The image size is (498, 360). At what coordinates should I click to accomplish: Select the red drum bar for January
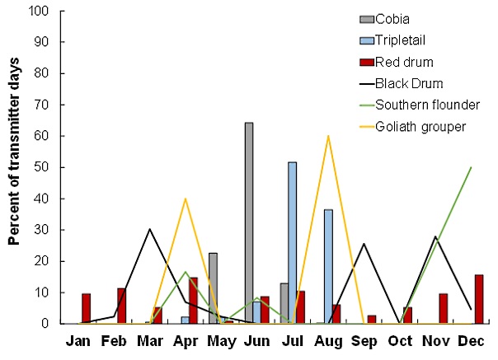pyautogui.click(x=87, y=308)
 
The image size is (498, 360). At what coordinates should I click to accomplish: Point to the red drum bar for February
pyautogui.click(x=122, y=306)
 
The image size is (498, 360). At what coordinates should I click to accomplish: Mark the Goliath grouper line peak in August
pyautogui.click(x=328, y=135)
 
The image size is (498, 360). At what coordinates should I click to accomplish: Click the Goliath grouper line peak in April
pyautogui.click(x=186, y=199)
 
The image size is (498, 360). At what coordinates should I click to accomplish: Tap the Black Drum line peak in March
pyautogui.click(x=149, y=229)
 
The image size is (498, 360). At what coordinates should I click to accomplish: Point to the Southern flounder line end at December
pyautogui.click(x=471, y=167)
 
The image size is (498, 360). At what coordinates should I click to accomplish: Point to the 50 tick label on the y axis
pyautogui.click(x=45, y=167)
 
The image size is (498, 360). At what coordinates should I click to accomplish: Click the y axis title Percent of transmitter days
pyautogui.click(x=14, y=167)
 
